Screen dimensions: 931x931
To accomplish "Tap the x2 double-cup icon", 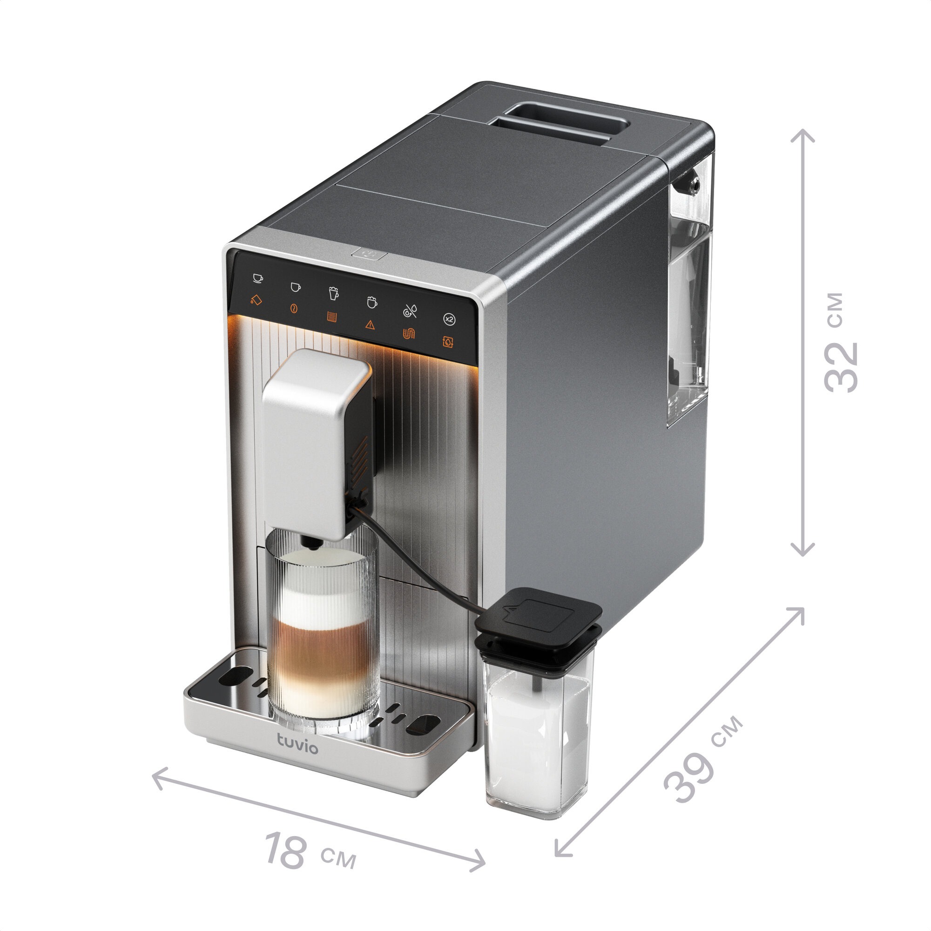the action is (x=449, y=319).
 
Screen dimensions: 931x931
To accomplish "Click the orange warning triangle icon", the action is (x=370, y=325).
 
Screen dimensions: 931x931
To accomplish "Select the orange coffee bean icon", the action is (x=293, y=309).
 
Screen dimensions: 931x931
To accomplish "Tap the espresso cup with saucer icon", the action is (x=258, y=278).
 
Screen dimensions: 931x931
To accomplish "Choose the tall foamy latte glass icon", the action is (x=333, y=293).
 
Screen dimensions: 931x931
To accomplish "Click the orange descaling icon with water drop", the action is (x=448, y=342).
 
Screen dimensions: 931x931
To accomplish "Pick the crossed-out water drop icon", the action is (x=410, y=311).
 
